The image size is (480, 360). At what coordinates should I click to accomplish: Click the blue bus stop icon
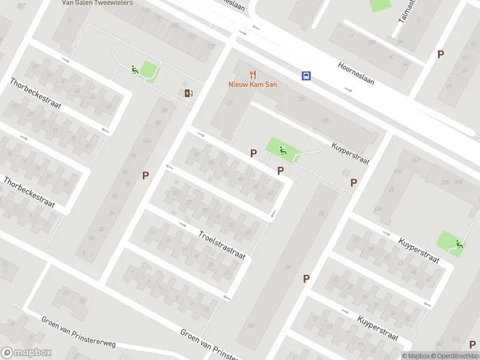point(307,76)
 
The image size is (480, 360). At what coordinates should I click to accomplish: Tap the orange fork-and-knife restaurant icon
point(253,75)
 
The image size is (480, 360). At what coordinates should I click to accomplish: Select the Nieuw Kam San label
point(253,85)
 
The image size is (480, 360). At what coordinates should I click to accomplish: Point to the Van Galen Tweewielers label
point(98,2)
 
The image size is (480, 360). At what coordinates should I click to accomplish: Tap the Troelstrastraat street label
point(221,244)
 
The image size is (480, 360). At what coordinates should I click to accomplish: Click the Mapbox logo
point(26,353)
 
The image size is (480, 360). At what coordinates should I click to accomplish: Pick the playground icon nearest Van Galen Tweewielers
point(134,70)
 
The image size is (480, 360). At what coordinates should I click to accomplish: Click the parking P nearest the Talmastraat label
point(440,54)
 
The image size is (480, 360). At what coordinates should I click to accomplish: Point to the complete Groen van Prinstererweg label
point(79,332)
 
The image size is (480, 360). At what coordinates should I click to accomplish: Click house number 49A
point(378,209)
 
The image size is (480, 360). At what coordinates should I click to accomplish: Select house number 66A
point(147,142)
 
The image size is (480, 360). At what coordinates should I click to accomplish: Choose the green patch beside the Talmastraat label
point(380,4)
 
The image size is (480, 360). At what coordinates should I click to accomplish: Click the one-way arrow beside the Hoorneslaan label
point(349,89)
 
